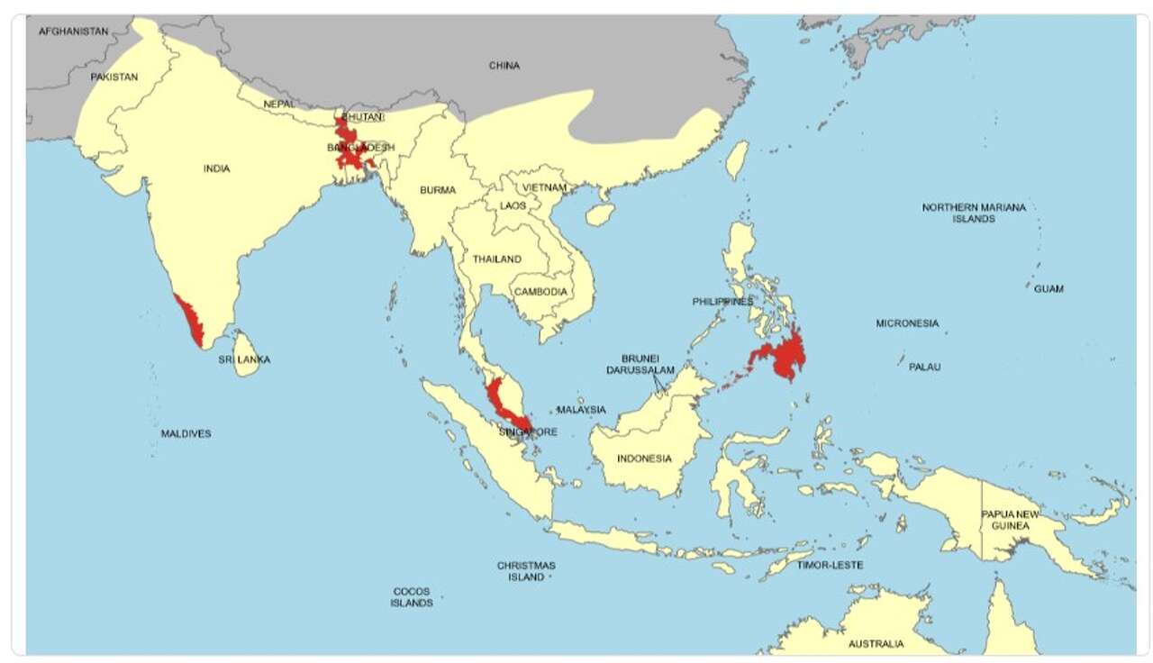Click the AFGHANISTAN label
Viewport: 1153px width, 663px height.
[x=73, y=31]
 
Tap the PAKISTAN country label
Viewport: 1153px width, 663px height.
[x=114, y=77]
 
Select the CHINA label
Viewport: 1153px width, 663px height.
[x=504, y=66]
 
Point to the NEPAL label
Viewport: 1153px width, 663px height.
[x=279, y=104]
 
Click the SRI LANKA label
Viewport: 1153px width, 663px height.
[x=244, y=359]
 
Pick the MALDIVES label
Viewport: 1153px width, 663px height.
[x=186, y=434]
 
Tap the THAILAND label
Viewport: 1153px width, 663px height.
[x=497, y=259]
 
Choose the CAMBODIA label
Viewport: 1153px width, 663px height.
[x=540, y=292]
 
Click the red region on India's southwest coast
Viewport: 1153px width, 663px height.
[x=190, y=321]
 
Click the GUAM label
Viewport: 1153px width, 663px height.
[x=1049, y=289]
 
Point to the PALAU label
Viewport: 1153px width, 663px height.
[x=924, y=368]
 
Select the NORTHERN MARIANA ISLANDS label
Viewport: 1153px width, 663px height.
[x=974, y=213]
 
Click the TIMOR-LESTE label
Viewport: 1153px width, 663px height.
[x=830, y=566]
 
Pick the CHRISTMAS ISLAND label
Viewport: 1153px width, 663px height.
[x=526, y=571]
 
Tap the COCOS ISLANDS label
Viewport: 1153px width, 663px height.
[x=412, y=597]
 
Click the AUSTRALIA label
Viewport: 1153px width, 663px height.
[x=876, y=644]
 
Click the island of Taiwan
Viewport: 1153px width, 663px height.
[x=737, y=160]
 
